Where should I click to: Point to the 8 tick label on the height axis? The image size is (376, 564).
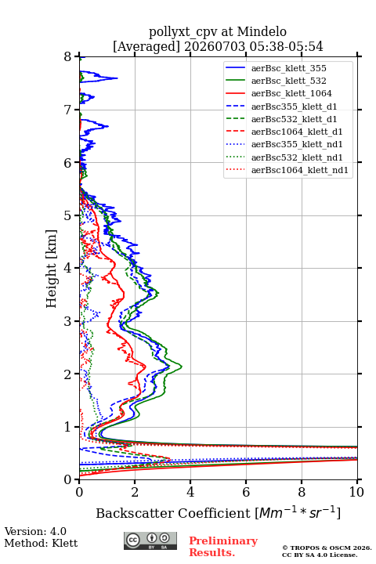coord(68,57)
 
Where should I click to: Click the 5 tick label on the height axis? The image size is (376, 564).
coord(68,216)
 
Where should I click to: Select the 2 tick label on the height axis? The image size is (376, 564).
coord(68,374)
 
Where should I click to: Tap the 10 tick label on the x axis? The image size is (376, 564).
coord(356,492)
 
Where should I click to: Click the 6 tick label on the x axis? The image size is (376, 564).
coord(246,492)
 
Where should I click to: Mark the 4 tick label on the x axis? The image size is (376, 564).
coord(190,492)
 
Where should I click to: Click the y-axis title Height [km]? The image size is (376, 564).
coord(52,269)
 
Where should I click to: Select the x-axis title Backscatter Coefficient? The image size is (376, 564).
coord(173,513)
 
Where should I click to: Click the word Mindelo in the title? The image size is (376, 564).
coord(262,31)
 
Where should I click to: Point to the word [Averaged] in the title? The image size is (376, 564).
coord(146,47)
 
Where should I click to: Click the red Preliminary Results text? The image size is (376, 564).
coord(223,547)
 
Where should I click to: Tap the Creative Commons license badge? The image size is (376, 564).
coord(150,541)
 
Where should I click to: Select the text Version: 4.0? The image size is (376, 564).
coord(35,532)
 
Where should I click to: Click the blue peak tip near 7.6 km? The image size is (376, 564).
coord(117,78)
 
